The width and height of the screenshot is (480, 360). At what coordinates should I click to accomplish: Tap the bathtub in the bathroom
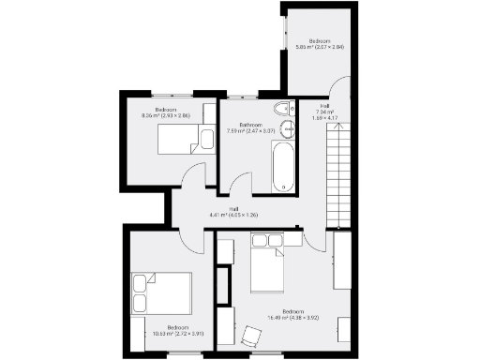pos(282,167)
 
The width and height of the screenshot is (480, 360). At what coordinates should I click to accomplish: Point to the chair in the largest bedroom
pos(251,335)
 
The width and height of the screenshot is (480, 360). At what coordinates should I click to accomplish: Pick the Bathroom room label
pos(250,124)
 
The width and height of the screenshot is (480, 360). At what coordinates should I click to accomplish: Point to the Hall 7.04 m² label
pos(324,111)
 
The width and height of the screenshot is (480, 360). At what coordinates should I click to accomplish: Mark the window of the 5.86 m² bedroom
pos(282,37)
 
